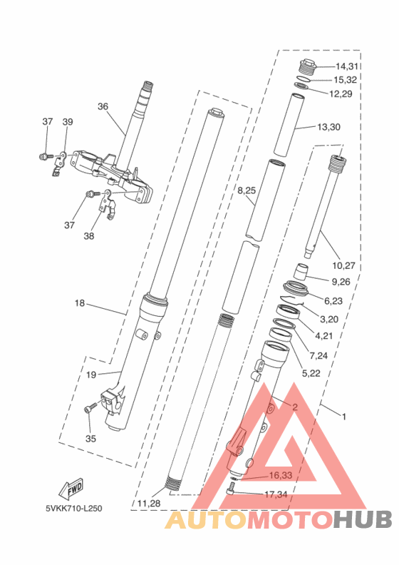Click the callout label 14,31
click(347, 66)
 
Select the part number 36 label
click(103, 107)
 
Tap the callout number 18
click(80, 303)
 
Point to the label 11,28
click(149, 504)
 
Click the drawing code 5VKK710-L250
click(74, 509)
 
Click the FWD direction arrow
click(71, 489)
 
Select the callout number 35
click(90, 439)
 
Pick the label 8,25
click(247, 190)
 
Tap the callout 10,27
click(343, 266)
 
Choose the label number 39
click(68, 122)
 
